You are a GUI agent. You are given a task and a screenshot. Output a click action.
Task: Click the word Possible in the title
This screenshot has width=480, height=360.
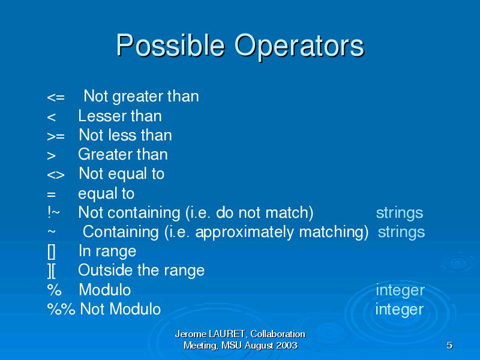170,46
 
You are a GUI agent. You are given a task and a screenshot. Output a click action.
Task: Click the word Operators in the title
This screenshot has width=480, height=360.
299,46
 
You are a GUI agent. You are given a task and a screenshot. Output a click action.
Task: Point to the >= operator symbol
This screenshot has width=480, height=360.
56,136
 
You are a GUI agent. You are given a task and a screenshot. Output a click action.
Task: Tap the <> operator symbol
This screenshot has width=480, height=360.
56,175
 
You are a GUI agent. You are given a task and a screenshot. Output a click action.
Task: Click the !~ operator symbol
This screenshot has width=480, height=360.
53,212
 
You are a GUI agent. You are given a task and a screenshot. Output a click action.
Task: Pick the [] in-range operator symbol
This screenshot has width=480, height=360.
52,251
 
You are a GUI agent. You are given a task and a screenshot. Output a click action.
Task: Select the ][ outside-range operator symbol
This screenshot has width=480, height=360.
52,271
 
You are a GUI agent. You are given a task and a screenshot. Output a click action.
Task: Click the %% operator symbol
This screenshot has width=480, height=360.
61,308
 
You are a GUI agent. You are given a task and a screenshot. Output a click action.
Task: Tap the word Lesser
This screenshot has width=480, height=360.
100,116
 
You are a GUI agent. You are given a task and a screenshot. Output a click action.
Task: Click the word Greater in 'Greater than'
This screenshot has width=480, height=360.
103,154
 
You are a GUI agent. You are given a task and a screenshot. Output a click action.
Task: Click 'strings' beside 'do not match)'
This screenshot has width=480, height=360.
400,213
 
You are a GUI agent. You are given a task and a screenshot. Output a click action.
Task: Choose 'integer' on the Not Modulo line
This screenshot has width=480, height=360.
400,310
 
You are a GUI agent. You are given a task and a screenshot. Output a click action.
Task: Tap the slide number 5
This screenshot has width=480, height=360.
449,346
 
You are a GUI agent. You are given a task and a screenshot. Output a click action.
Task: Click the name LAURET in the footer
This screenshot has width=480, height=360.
227,334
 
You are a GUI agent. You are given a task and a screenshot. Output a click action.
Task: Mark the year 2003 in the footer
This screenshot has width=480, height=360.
287,346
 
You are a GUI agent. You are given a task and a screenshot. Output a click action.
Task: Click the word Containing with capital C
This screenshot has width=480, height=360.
121,232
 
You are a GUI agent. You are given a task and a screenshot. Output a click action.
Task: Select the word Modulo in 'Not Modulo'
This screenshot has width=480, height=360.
135,309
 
